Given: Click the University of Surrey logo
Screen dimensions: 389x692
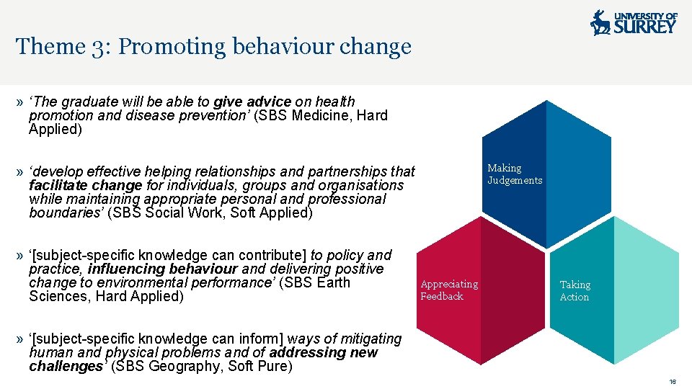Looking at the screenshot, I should point(634,22).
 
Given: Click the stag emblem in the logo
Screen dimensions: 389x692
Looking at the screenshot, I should point(600,23).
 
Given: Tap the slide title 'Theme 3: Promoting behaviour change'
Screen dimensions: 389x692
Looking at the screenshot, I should point(213,47).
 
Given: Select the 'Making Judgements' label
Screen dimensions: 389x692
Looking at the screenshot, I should point(515,174).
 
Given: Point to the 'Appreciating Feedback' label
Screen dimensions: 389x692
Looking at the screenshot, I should point(449,290).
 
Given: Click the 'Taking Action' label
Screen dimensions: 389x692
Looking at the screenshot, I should point(575,291).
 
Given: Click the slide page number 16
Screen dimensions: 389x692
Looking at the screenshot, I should point(673,382).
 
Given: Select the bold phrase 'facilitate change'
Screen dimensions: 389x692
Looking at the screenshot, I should point(86,186).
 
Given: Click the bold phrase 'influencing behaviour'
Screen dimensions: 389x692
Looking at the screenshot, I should point(163,269).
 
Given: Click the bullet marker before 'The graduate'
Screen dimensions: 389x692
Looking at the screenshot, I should point(19,102).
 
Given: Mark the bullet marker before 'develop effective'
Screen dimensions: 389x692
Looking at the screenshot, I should point(19,172).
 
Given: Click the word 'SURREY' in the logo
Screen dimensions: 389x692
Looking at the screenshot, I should point(645,27).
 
